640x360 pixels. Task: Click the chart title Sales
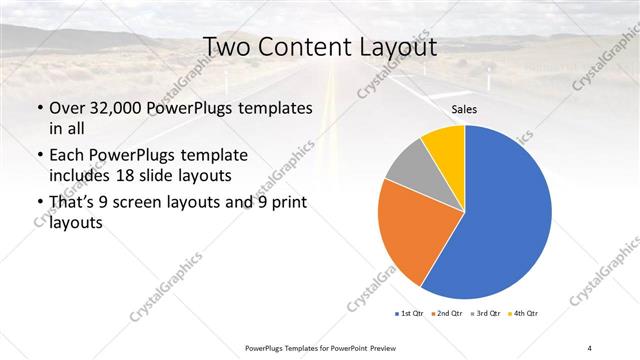(x=464, y=109)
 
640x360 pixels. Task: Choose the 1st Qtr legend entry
(x=411, y=314)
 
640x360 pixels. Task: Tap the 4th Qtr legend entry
(x=526, y=314)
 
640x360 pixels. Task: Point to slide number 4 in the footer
(x=590, y=347)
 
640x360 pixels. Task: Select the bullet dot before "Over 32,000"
(x=39, y=108)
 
